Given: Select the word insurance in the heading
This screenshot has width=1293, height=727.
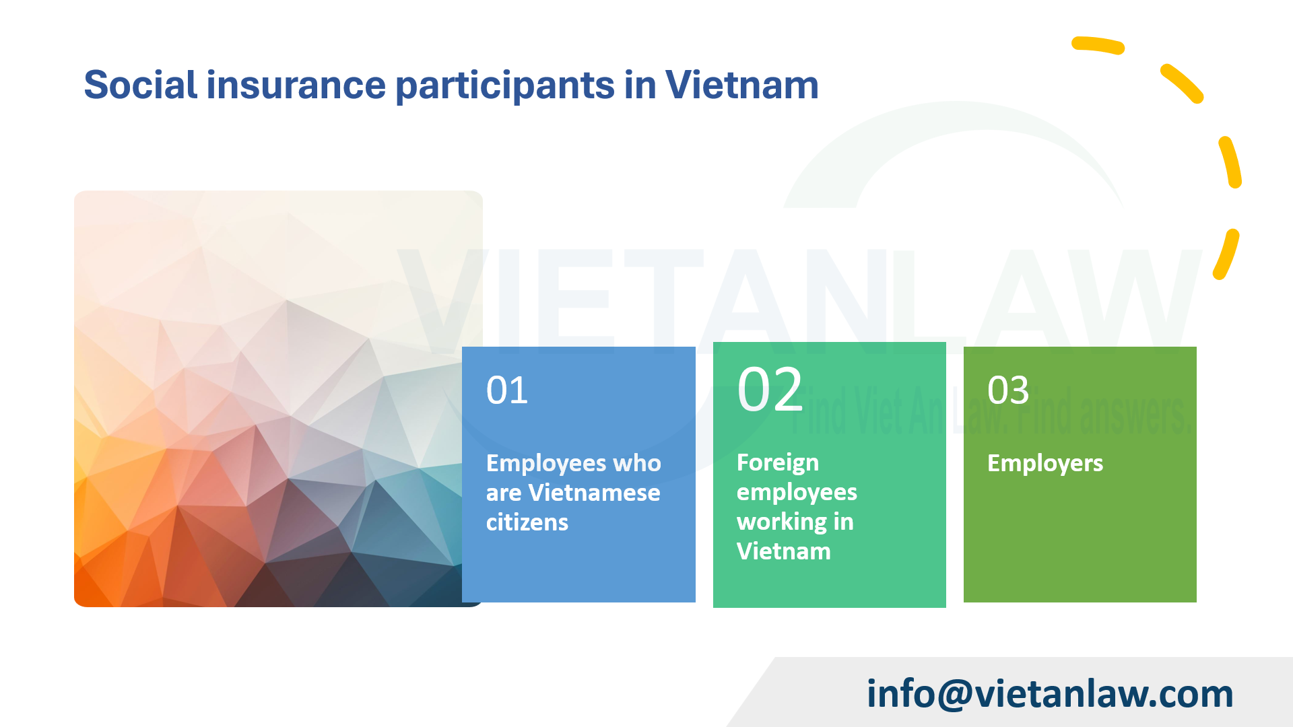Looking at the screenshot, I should (296, 85).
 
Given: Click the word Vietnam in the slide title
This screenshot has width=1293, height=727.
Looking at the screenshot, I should (741, 85).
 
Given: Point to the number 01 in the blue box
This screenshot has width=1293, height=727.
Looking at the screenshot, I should (507, 390).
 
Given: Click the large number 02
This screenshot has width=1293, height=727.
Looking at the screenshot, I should (770, 390).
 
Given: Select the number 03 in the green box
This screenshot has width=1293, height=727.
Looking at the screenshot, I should (1008, 390).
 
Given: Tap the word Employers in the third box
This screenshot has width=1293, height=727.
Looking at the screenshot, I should (1045, 464).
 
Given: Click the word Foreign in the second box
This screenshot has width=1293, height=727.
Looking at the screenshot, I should (777, 463).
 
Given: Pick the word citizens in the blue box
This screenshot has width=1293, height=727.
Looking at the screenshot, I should (527, 522).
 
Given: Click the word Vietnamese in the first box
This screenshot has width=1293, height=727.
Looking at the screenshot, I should (594, 493).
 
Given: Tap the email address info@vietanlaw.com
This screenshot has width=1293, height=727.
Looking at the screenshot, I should (1049, 693).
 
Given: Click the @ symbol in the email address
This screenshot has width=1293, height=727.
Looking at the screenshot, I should (954, 695).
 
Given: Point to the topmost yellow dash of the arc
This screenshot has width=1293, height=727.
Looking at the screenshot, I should (1098, 45).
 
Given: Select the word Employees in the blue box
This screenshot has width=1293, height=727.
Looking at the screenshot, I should (545, 464).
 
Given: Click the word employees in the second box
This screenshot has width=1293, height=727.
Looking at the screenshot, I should (796, 493).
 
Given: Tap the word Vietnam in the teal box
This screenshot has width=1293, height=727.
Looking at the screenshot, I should (783, 552).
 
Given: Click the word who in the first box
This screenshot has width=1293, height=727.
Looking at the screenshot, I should (636, 463).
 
